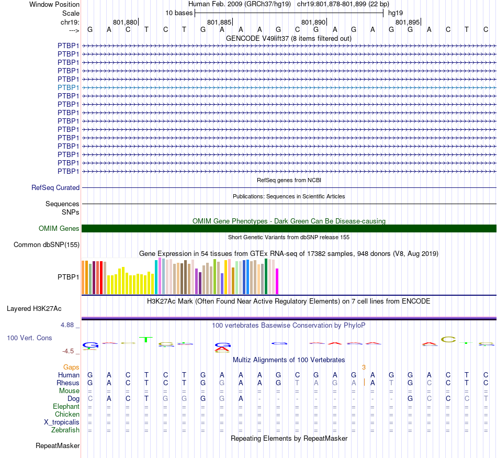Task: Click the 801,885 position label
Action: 219,23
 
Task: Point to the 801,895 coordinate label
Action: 408,23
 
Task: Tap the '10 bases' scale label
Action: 179,13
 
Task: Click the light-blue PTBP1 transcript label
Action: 69,87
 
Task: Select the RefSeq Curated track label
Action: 55,187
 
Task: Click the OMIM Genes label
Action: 59,228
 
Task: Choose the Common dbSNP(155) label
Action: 47,244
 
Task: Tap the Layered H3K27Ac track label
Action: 34,308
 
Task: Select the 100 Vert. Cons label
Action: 29,338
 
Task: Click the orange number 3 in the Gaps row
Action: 364,367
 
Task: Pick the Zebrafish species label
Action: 65,430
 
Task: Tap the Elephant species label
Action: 66,407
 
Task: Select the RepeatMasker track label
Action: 58,446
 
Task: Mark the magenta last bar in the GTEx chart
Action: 277,281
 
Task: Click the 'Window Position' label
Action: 54,4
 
